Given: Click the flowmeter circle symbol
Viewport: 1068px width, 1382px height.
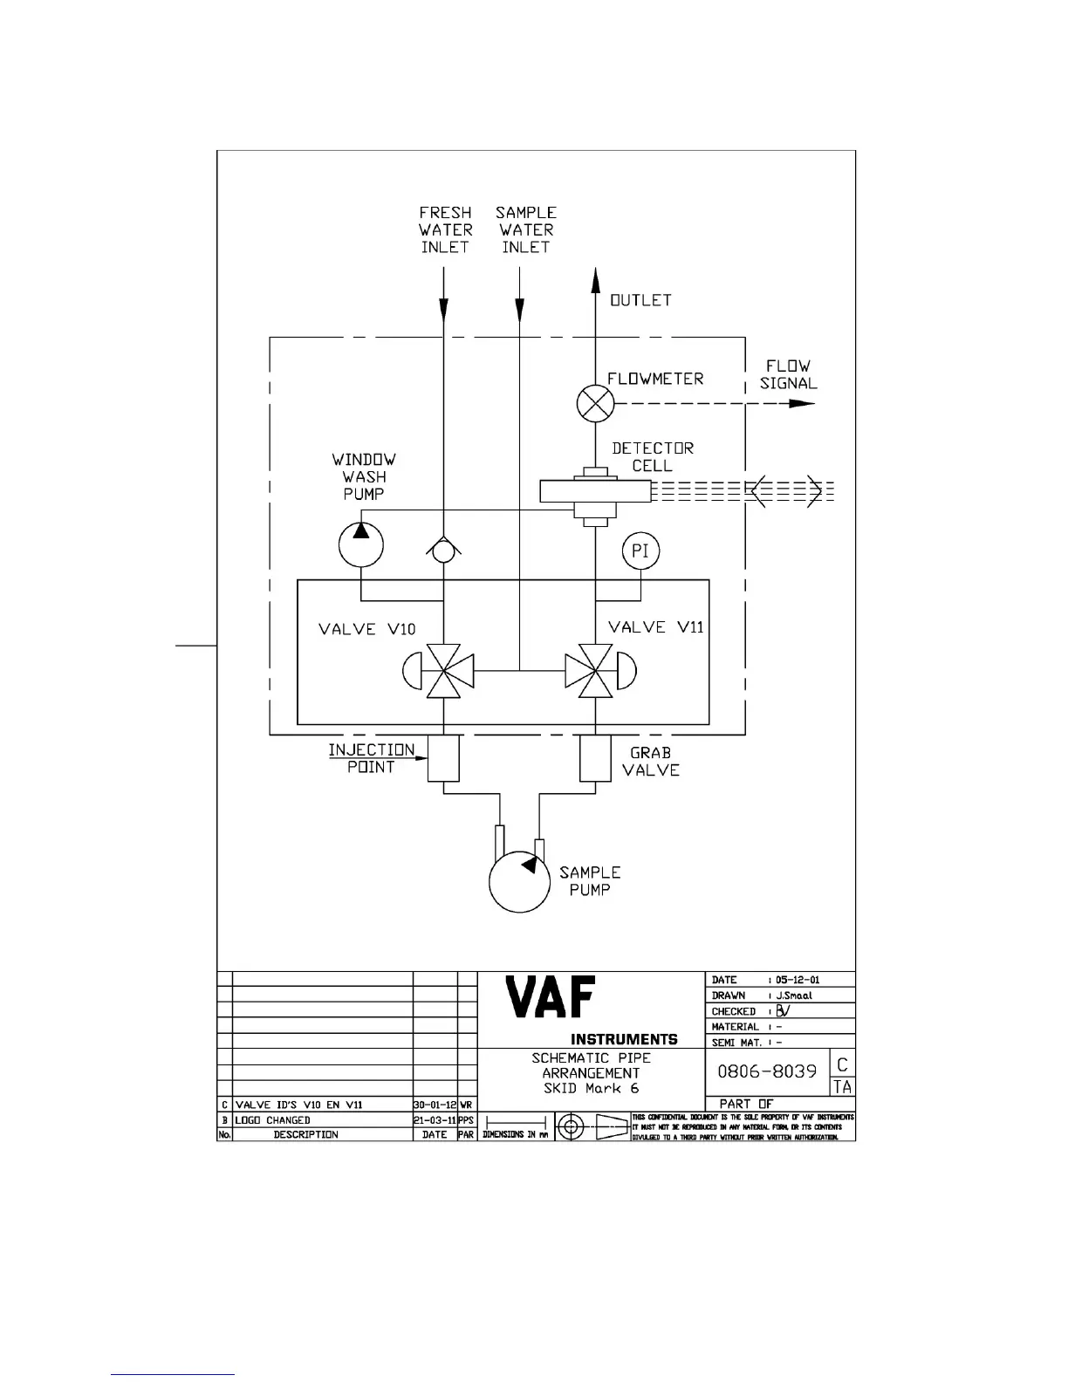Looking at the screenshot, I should click(x=596, y=404).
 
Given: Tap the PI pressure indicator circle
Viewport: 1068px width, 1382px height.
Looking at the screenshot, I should click(x=640, y=551).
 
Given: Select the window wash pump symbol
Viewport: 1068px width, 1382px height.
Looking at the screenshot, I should click(x=361, y=544).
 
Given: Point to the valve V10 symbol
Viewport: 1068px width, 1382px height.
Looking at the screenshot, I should click(x=444, y=672).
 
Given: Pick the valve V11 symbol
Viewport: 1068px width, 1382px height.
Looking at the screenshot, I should click(x=595, y=672).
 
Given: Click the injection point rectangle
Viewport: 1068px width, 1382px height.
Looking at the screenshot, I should click(x=444, y=758).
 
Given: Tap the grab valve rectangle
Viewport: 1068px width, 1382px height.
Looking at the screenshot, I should click(x=595, y=758).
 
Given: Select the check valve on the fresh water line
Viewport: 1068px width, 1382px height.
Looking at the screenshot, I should click(x=444, y=550).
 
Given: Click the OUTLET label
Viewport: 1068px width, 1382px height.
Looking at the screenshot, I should click(x=640, y=301).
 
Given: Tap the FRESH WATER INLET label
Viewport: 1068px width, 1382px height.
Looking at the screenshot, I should click(x=445, y=230).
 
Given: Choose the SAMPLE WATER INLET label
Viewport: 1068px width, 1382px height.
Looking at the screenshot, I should click(x=526, y=230).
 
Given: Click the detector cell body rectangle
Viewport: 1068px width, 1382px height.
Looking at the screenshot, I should click(x=595, y=491).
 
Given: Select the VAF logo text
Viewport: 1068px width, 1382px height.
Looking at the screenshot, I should click(x=551, y=997).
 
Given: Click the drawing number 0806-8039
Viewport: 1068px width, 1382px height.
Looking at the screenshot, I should click(x=767, y=1071).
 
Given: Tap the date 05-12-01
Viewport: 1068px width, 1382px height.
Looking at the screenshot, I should click(x=798, y=980).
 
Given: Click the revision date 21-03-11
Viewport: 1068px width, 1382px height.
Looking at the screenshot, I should click(x=435, y=1120).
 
